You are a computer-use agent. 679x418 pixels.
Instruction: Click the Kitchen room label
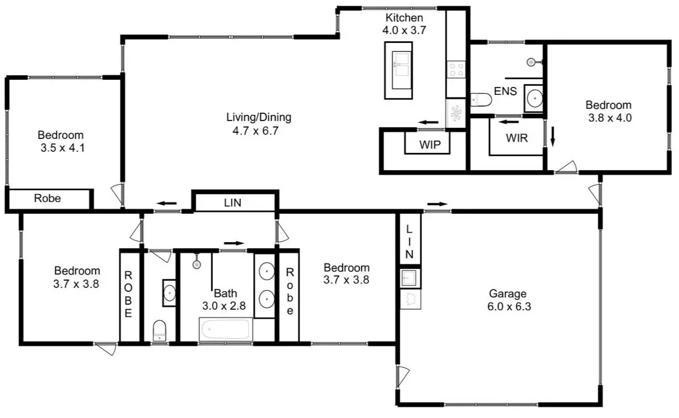pyautogui.click(x=404, y=18)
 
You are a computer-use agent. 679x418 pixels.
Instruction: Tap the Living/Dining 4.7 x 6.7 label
pyautogui.click(x=259, y=124)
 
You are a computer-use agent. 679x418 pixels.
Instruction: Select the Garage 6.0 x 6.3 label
pyautogui.click(x=509, y=300)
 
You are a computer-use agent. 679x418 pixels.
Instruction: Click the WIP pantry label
pyautogui.click(x=430, y=145)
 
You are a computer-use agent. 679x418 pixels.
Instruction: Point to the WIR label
pyautogui.click(x=517, y=138)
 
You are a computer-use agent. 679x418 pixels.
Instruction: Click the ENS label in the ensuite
pyautogui.click(x=505, y=91)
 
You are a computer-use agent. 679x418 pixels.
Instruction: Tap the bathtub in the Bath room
pyautogui.click(x=226, y=329)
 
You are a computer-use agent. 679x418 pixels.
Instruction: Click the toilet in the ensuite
pyautogui.click(x=481, y=99)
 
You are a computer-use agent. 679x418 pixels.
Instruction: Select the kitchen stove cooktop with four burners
pyautogui.click(x=456, y=70)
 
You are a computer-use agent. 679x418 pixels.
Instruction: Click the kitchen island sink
pyautogui.click(x=401, y=70)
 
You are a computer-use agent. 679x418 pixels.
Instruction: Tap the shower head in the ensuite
pyautogui.click(x=531, y=63)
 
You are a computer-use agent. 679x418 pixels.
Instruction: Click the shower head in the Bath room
pyautogui.click(x=197, y=265)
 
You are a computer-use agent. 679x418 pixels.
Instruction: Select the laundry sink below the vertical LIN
pyautogui.click(x=410, y=278)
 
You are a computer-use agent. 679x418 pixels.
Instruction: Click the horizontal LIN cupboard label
pyautogui.click(x=232, y=203)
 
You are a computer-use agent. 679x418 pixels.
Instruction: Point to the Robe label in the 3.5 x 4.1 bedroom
pyautogui.click(x=47, y=198)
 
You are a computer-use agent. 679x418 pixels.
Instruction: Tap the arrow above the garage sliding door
pyautogui.click(x=438, y=204)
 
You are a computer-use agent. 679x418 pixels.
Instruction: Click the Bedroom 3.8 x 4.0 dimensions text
pyautogui.click(x=610, y=118)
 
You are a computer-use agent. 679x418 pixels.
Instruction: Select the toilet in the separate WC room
pyautogui.click(x=159, y=331)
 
